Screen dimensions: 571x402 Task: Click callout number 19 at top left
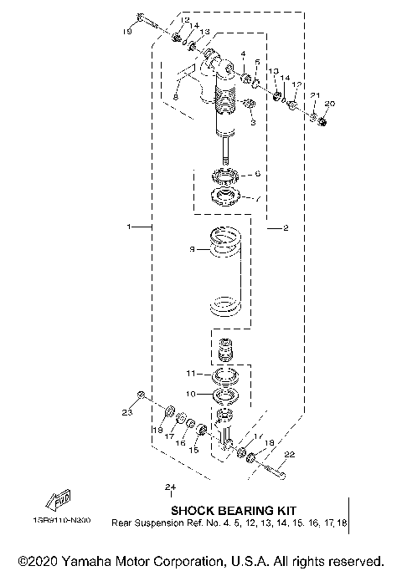(128, 32)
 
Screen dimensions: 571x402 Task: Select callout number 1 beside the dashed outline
(128, 227)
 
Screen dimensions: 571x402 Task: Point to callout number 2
(286, 227)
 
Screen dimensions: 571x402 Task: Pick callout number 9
(191, 248)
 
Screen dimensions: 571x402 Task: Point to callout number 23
(127, 412)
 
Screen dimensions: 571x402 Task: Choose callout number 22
(289, 455)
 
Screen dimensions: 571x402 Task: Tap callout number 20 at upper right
(328, 103)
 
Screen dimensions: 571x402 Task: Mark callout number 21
(314, 96)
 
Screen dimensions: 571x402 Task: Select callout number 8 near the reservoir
(176, 98)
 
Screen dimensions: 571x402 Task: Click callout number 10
(190, 393)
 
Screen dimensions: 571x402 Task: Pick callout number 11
(190, 372)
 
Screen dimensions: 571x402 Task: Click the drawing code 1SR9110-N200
(64, 519)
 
